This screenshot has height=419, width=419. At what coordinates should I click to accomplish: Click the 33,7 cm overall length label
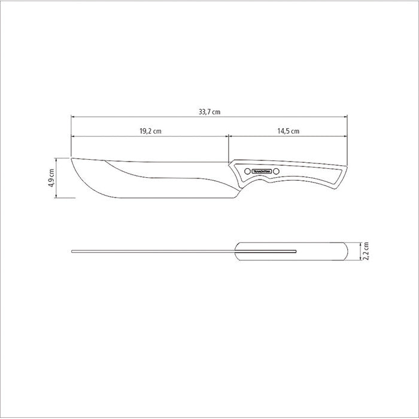point(209,111)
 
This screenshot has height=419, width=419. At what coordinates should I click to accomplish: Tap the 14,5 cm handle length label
point(288,130)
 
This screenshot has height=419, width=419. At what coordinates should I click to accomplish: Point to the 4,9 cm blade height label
point(51,178)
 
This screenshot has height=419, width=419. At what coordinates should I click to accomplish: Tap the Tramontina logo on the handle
point(263,172)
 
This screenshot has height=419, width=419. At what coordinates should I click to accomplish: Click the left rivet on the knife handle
point(245,172)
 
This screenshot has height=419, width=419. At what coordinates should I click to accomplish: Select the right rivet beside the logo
point(277,172)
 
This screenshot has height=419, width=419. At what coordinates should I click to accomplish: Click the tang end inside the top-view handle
point(296,251)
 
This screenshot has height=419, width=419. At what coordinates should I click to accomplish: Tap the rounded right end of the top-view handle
point(347,251)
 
